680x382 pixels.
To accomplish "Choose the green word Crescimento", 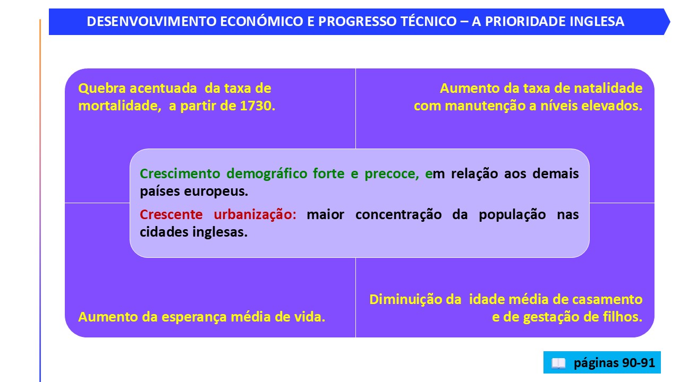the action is point(180,173).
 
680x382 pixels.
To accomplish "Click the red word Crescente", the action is point(171,215).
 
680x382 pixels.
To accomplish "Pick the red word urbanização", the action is point(255,215).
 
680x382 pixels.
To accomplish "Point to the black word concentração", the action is point(398,215).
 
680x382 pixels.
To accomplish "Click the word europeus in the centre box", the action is point(216,192).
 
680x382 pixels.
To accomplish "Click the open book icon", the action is point(558,363).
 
